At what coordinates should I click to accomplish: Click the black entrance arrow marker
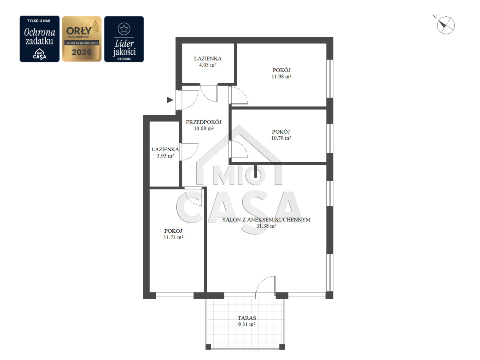(170, 100)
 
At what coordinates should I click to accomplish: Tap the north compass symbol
(446, 25)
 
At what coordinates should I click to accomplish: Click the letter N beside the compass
(434, 17)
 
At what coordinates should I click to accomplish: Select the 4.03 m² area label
(208, 65)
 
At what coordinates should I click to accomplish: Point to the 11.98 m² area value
(281, 77)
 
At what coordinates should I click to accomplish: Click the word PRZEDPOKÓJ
(204, 122)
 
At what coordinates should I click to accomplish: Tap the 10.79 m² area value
(281, 138)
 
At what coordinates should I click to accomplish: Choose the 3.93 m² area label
(165, 156)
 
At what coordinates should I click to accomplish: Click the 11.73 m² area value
(173, 237)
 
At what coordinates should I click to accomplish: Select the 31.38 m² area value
(266, 226)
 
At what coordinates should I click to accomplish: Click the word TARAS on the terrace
(247, 318)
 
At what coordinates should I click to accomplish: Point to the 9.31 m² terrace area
(247, 324)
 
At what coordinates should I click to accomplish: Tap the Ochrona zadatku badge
(39, 39)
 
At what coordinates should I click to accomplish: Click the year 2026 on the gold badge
(82, 52)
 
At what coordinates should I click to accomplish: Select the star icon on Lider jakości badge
(124, 29)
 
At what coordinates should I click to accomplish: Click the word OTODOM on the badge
(124, 59)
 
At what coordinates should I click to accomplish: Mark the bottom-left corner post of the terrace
(208, 347)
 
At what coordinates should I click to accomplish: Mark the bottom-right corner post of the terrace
(282, 347)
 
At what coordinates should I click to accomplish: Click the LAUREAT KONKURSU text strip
(82, 43)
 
